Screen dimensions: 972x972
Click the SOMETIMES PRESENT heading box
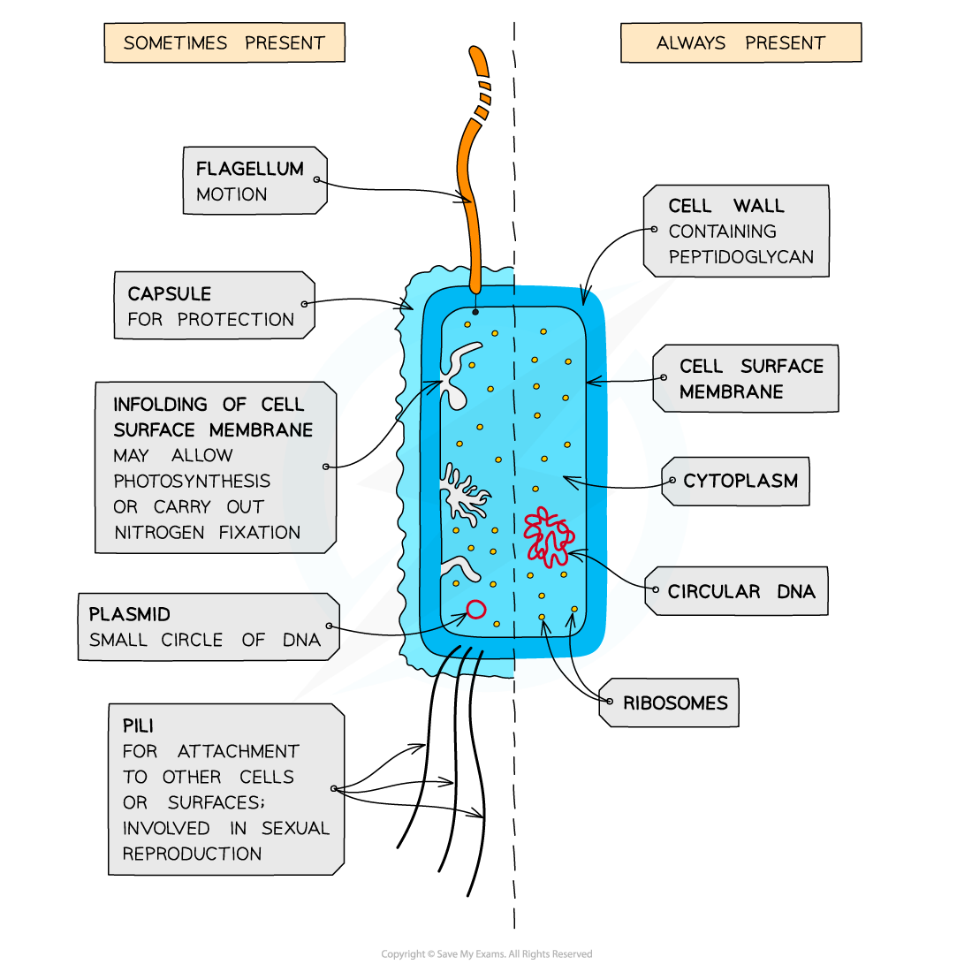click(x=224, y=42)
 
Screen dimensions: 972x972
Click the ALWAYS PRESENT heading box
click(x=740, y=42)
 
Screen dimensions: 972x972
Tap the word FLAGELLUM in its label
click(x=249, y=169)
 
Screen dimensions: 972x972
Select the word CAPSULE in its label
click(x=169, y=294)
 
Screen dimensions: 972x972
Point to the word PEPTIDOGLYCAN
click(x=740, y=257)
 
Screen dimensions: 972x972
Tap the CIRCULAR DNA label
click(x=740, y=592)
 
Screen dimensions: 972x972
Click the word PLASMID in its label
click(x=129, y=614)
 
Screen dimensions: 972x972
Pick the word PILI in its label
click(x=138, y=725)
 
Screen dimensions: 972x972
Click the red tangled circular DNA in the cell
click(x=548, y=535)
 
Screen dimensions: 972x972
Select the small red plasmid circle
click(x=475, y=609)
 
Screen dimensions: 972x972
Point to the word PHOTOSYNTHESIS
click(x=192, y=482)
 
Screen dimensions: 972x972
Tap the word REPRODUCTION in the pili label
click(x=192, y=854)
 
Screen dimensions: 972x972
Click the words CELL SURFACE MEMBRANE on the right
click(x=750, y=379)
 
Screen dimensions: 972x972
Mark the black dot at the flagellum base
click(x=475, y=311)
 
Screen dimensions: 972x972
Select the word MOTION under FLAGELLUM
click(x=232, y=194)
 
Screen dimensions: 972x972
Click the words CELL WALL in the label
click(x=725, y=206)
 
